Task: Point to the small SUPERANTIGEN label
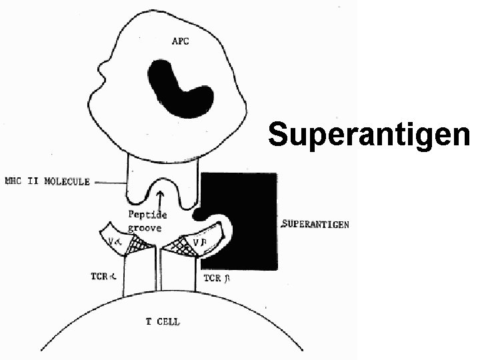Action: click(315, 225)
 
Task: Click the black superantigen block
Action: click(250, 200)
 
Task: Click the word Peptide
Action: click(147, 215)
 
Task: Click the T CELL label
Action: click(163, 322)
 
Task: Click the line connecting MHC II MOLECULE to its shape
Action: click(108, 181)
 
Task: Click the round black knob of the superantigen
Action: click(199, 214)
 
